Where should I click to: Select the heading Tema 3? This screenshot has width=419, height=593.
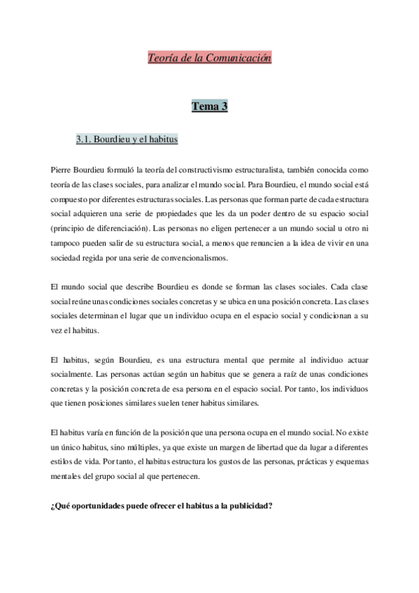[x=210, y=106]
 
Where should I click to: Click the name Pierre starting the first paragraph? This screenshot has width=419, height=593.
[x=63, y=170]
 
